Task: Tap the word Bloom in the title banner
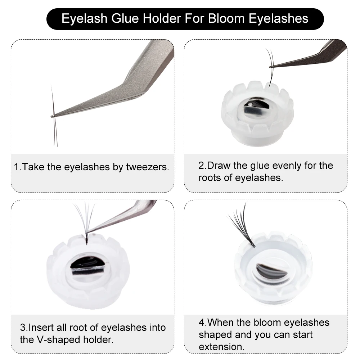pyautogui.click(x=227, y=18)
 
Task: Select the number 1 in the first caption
pyautogui.click(x=16, y=167)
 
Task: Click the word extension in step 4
pyautogui.click(x=221, y=347)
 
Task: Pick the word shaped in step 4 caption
pyautogui.click(x=215, y=334)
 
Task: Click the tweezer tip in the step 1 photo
pyautogui.click(x=53, y=116)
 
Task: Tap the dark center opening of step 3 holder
pyautogui.click(x=87, y=266)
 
